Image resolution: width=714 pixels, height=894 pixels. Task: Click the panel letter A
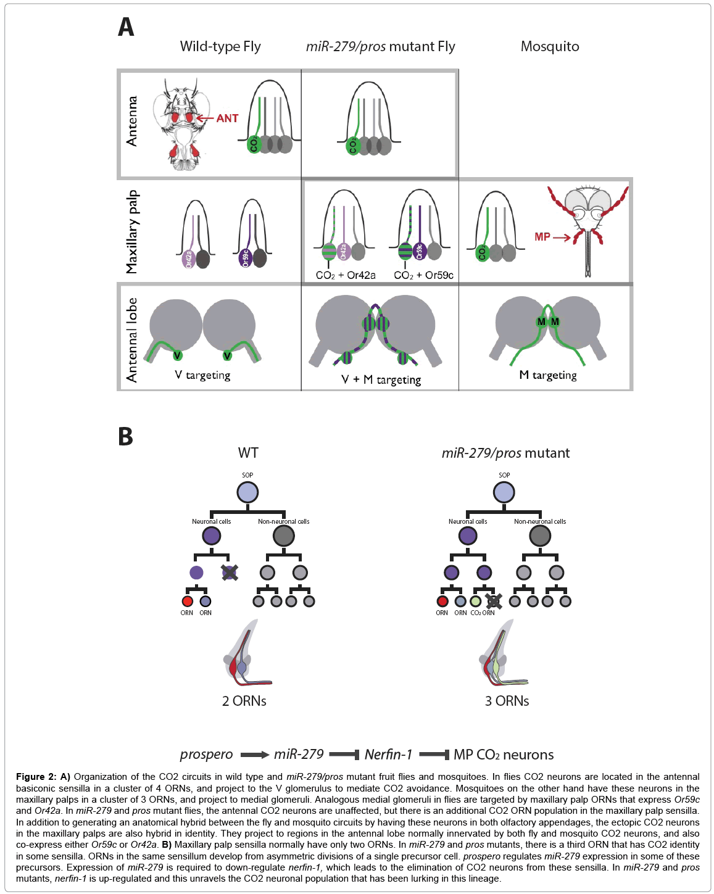[126, 28]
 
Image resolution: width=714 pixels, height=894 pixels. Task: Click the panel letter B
[125, 436]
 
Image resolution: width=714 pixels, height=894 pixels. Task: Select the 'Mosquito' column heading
[549, 47]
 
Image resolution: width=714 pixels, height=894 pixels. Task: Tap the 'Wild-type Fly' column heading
[220, 47]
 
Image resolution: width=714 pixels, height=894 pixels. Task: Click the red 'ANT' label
[227, 118]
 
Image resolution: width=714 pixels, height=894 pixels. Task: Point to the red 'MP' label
[542, 237]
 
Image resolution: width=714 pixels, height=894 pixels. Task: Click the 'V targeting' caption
[202, 375]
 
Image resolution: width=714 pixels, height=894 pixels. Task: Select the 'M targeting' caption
[547, 375]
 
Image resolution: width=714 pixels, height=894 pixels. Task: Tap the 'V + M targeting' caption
[381, 380]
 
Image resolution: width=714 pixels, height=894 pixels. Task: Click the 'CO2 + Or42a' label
[346, 275]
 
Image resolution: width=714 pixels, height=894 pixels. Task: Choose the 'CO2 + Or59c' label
[423, 275]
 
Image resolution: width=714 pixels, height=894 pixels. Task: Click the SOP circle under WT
[247, 492]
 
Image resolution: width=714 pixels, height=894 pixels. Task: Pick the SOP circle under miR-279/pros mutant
[504, 492]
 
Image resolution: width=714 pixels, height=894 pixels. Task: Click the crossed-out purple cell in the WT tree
[229, 573]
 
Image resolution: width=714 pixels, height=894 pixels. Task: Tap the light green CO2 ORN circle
[475, 601]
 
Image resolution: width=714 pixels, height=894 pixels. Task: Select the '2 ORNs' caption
[244, 701]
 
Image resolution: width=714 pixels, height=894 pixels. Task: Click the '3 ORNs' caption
[507, 701]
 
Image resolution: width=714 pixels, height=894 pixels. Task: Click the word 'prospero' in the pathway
[206, 755]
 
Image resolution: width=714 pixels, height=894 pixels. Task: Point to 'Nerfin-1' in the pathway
[388, 755]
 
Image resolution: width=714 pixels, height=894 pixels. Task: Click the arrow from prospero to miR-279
[254, 755]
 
